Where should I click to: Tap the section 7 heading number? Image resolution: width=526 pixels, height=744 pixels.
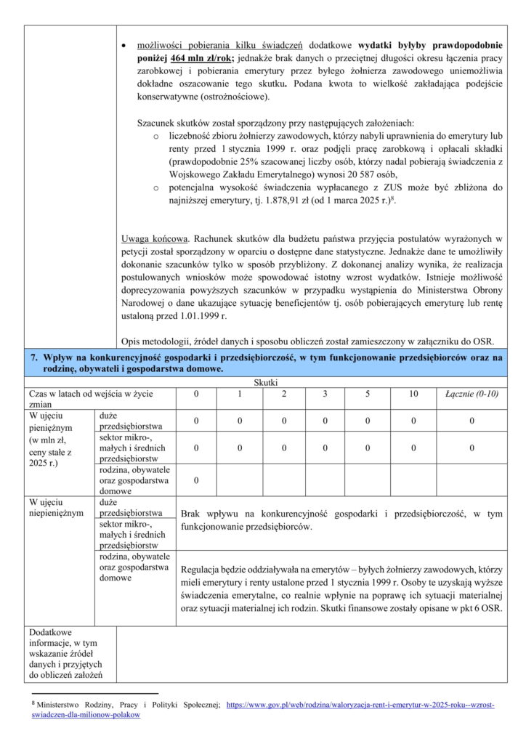pos(33,357)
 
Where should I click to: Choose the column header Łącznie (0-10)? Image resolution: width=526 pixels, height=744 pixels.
pos(472,394)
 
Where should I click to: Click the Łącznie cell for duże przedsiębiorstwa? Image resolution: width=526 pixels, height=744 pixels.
pos(472,421)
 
